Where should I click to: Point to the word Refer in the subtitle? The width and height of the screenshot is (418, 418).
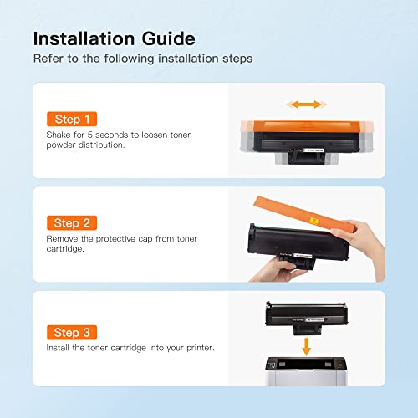click(x=47, y=59)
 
